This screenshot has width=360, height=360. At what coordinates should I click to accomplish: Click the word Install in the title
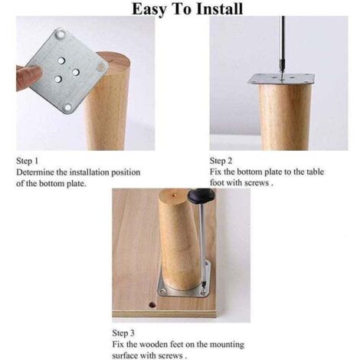219,8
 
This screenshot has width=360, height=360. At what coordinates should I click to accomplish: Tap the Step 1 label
27,161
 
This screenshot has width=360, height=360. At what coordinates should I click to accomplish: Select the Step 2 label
221,161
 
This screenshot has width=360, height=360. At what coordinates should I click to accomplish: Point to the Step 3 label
123,333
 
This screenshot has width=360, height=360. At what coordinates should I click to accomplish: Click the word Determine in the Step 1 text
35,172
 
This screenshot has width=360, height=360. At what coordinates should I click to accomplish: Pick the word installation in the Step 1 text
90,172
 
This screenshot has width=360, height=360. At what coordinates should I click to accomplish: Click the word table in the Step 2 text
315,172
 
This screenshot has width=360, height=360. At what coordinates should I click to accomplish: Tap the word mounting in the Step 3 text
227,345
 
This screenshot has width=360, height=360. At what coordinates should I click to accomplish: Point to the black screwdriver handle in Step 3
199,195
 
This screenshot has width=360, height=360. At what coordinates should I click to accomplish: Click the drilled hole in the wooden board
152,305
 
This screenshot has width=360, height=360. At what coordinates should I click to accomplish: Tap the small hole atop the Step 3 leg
174,195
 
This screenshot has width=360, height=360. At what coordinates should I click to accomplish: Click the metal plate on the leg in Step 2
281,79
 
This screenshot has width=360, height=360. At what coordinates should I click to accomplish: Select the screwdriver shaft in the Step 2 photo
283,47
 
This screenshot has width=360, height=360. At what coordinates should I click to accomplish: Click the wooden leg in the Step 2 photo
283,117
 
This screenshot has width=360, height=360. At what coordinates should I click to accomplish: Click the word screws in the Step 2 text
257,183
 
